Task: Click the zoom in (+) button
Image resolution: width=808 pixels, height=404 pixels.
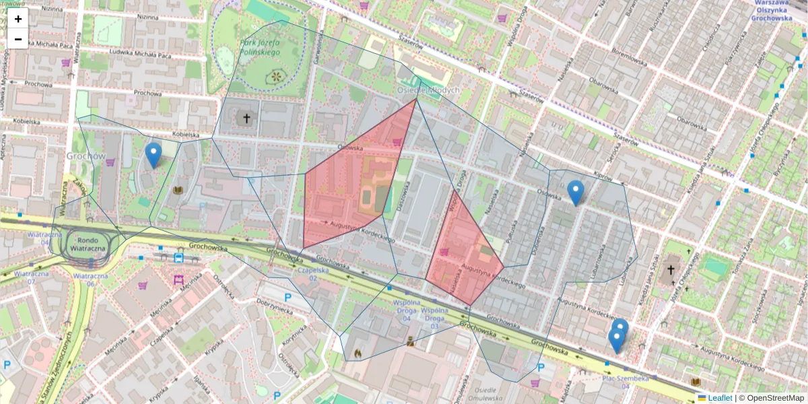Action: [x=18, y=19]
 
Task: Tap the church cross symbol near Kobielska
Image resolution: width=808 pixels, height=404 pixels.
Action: [x=246, y=119]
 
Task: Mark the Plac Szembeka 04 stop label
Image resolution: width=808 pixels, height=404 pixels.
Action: [x=626, y=382]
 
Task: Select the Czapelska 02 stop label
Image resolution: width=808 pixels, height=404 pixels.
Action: [x=312, y=273]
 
